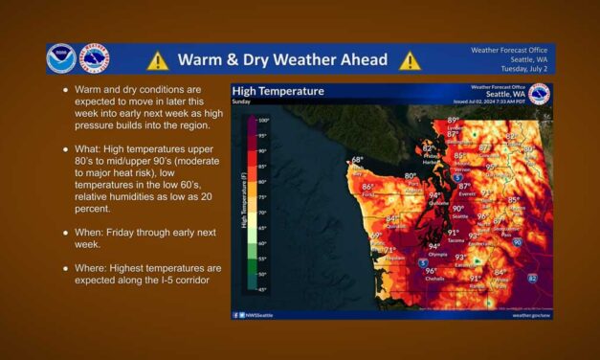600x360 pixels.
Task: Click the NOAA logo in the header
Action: pos(61,59)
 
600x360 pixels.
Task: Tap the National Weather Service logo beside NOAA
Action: pos(94,59)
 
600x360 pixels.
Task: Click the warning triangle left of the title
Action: pos(158,60)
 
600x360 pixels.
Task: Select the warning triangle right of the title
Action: pos(411,60)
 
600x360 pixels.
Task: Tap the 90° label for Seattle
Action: pos(457,208)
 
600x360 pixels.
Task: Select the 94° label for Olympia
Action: pos(434,247)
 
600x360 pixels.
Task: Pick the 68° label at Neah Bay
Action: pos(357,160)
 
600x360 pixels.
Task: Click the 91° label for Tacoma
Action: pos(453,232)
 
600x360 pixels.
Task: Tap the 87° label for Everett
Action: pos(464,186)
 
